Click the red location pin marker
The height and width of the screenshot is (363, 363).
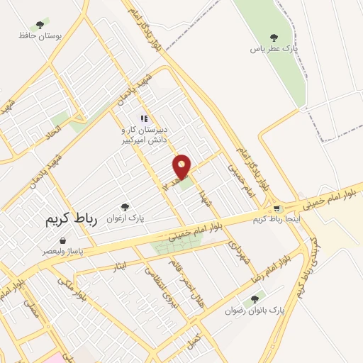[182, 167]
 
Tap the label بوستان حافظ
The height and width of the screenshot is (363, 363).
[40, 35]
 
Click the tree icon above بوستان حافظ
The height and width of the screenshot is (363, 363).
[40, 25]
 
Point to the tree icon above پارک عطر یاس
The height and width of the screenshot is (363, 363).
[274, 38]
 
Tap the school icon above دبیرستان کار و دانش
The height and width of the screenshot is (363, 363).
[144, 119]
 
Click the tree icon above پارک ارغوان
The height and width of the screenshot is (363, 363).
[125, 208]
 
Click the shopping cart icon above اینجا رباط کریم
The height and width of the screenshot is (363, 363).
[277, 209]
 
